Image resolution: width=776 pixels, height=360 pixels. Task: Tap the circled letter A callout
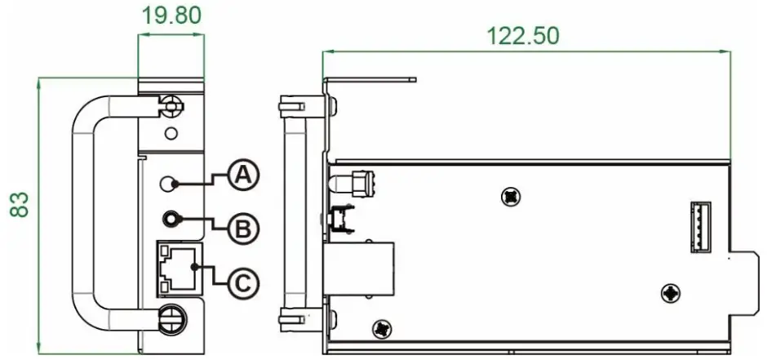pos(242,175)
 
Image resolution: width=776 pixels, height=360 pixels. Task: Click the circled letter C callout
pos(242,282)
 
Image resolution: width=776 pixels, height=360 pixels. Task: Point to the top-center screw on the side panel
pos(512,195)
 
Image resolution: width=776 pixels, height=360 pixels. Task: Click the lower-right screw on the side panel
pos(670,291)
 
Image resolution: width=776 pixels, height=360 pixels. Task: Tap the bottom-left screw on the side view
pos(381,329)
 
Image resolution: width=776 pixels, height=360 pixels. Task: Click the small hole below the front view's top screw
pos(170,133)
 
